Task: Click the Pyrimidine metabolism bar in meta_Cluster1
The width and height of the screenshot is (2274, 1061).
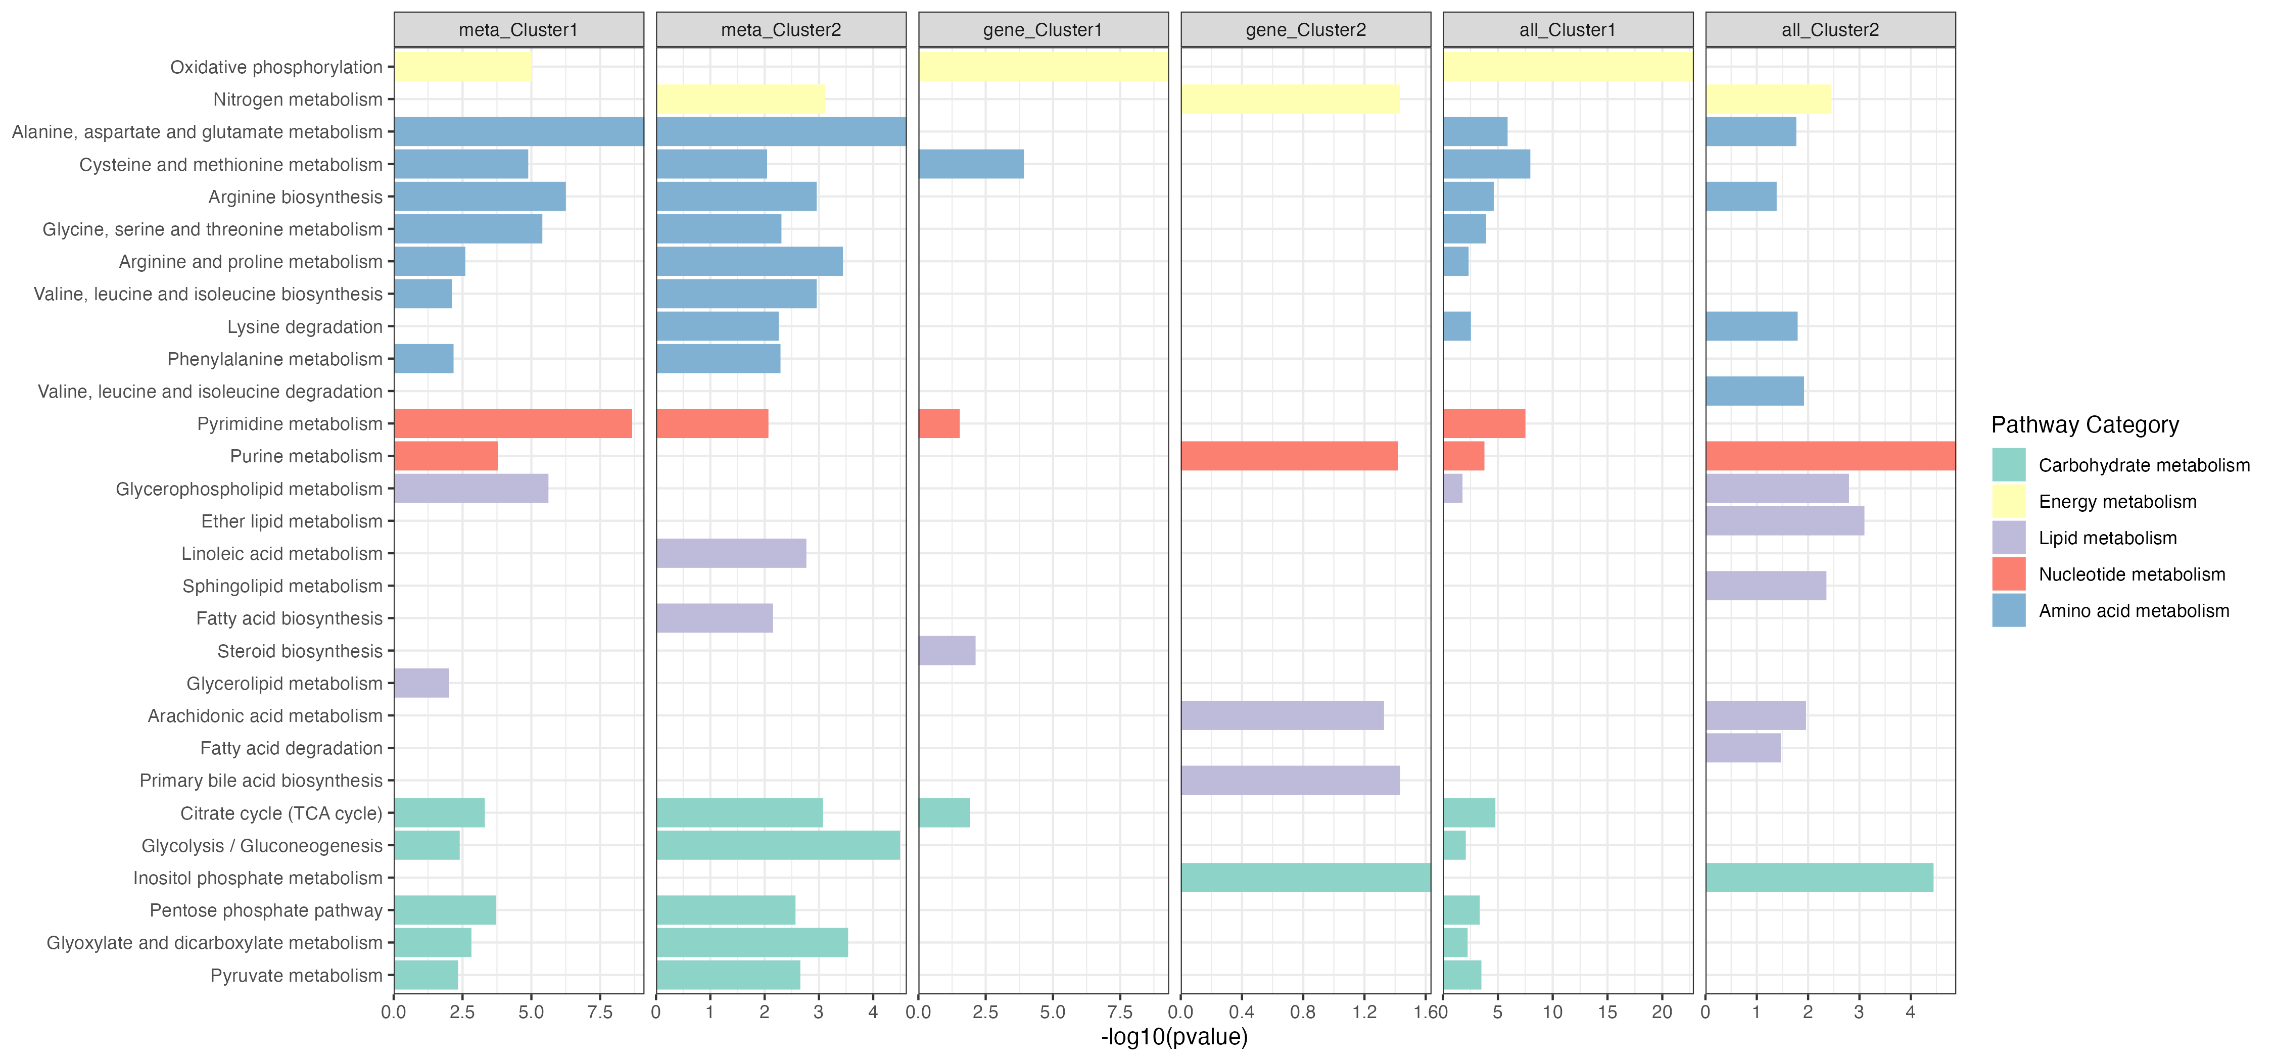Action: coord(513,424)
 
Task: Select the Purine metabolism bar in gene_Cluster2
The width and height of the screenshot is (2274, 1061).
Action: coord(1289,456)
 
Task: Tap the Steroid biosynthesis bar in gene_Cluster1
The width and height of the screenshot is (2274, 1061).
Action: coord(946,651)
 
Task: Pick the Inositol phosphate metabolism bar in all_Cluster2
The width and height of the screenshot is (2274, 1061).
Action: coord(1819,878)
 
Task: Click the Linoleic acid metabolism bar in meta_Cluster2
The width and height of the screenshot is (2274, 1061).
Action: coord(731,553)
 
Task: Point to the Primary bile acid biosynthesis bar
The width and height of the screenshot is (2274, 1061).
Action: coord(1290,780)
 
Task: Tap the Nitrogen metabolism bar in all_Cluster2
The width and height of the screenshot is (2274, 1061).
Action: coord(1768,99)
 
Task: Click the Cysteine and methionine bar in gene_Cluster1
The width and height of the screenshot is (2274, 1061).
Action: coord(971,164)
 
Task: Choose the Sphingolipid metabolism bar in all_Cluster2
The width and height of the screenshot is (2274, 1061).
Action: coord(1766,586)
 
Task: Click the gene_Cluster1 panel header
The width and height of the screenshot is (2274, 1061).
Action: coord(1043,30)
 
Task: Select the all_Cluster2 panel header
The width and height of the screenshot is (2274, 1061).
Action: coord(1830,30)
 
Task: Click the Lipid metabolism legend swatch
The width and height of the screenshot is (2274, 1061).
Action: coord(2008,538)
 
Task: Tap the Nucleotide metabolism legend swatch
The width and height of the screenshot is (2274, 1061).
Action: coord(2008,574)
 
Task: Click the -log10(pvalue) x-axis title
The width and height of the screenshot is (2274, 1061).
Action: coord(1174,1037)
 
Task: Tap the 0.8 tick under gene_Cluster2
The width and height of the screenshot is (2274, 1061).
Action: coord(1302,1012)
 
